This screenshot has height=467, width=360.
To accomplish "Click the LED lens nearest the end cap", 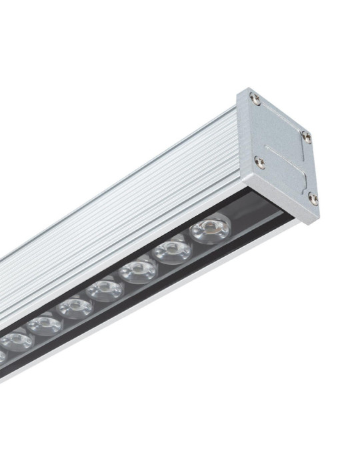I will pyautogui.click(x=210, y=229).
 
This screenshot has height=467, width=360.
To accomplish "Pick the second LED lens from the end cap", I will pyautogui.click(x=173, y=252).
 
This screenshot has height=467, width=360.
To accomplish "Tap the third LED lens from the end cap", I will pyautogui.click(x=139, y=270).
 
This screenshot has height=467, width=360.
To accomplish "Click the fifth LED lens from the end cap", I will pyautogui.click(x=74, y=308).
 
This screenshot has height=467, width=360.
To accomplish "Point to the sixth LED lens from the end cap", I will pyautogui.click(x=45, y=325).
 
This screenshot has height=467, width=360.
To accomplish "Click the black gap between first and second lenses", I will pyautogui.click(x=191, y=242).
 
